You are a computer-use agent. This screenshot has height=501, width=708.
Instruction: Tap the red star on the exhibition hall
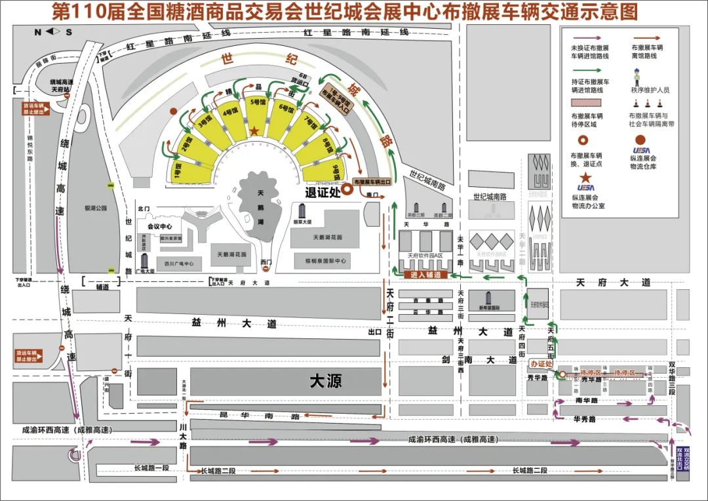pyautogui.click(x=254, y=132)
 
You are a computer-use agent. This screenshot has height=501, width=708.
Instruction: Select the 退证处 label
pyautogui.click(x=324, y=192)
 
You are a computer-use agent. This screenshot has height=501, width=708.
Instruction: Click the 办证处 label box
pyautogui.click(x=542, y=364)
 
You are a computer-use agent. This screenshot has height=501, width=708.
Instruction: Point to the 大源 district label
pyautogui.click(x=326, y=380)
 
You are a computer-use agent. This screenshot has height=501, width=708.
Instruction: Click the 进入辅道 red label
pyautogui.click(x=425, y=275)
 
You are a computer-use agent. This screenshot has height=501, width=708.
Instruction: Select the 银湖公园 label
pyautogui.click(x=96, y=209)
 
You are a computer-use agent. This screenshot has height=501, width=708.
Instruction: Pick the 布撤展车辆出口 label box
pyautogui.click(x=377, y=182)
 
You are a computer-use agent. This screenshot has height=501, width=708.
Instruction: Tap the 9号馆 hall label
pyautogui.click(x=336, y=172)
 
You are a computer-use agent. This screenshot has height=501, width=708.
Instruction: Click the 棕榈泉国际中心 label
pyautogui.click(x=326, y=261)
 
